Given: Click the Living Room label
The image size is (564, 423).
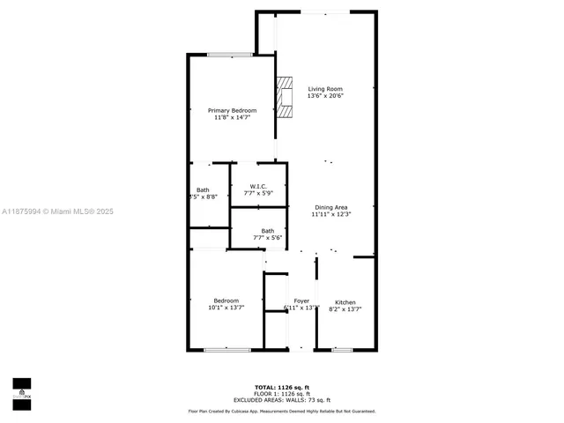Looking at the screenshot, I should (x=325, y=89).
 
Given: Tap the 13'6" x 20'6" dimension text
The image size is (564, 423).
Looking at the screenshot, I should (x=325, y=96).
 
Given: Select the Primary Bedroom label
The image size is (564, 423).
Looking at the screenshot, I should (x=232, y=110).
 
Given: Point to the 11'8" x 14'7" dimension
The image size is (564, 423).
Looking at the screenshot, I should (x=232, y=117).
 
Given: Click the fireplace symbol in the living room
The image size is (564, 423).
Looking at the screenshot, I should (x=284, y=97).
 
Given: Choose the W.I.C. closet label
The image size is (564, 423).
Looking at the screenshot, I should (x=258, y=186).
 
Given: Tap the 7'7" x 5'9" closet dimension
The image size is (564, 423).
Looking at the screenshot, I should (x=258, y=193).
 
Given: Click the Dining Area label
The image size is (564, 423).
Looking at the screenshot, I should (x=331, y=207).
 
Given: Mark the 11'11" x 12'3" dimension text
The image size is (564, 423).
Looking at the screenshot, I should (x=331, y=214).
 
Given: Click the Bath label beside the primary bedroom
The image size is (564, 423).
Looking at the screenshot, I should (x=203, y=190).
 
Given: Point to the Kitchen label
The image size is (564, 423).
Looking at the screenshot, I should (x=345, y=302).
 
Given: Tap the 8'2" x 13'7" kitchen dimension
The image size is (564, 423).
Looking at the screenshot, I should (x=345, y=309).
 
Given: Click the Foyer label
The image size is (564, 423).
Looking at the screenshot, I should (x=301, y=301).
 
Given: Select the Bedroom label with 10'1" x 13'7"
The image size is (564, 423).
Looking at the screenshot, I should (x=226, y=301).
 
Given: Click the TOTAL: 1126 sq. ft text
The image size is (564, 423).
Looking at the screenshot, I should (x=281, y=387).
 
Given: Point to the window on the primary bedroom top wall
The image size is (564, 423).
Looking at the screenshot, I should (x=231, y=55).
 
